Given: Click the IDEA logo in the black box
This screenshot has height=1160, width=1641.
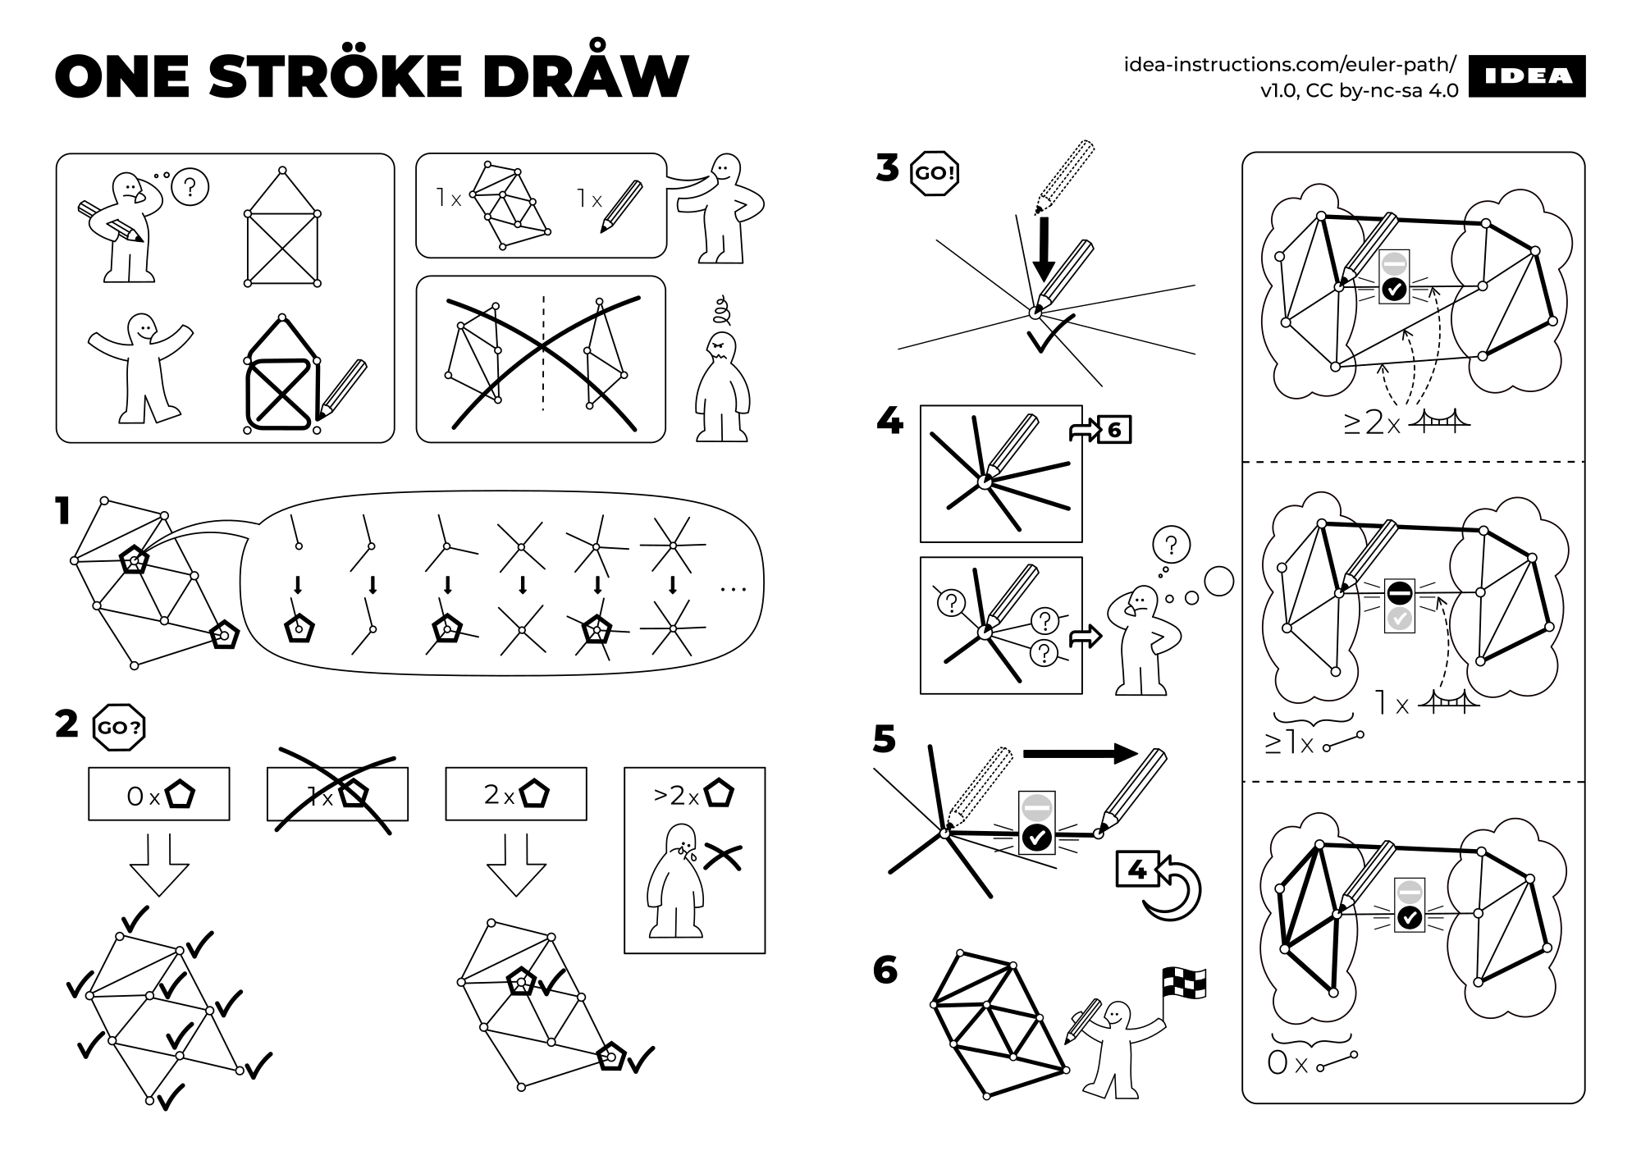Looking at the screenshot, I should pyautogui.click(x=1527, y=76).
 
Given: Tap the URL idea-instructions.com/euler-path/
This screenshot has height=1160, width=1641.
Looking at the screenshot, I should pyautogui.click(x=1290, y=65).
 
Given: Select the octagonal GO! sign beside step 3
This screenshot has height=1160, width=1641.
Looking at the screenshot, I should pyautogui.click(x=935, y=173).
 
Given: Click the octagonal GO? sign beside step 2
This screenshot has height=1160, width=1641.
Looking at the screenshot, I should pyautogui.click(x=119, y=727).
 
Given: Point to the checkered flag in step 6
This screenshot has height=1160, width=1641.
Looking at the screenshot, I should pyautogui.click(x=1184, y=983).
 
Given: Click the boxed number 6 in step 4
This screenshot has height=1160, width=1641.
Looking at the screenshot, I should pyautogui.click(x=1113, y=430).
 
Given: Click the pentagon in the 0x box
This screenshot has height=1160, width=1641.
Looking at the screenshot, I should pyautogui.click(x=181, y=795).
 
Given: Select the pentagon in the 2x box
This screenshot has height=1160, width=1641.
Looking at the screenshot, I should pyautogui.click(x=536, y=794).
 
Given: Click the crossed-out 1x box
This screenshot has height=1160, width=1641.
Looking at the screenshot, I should pyautogui.click(x=337, y=793).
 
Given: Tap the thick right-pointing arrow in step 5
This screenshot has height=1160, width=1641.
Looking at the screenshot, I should pyautogui.click(x=1080, y=754).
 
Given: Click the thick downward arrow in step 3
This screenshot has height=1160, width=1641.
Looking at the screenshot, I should pyautogui.click(x=1043, y=250).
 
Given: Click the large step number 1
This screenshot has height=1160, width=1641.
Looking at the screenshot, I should pyautogui.click(x=63, y=512).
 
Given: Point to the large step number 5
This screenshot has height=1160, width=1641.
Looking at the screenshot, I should pyautogui.click(x=884, y=739).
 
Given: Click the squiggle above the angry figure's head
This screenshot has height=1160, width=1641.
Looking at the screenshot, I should pyautogui.click(x=721, y=310).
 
